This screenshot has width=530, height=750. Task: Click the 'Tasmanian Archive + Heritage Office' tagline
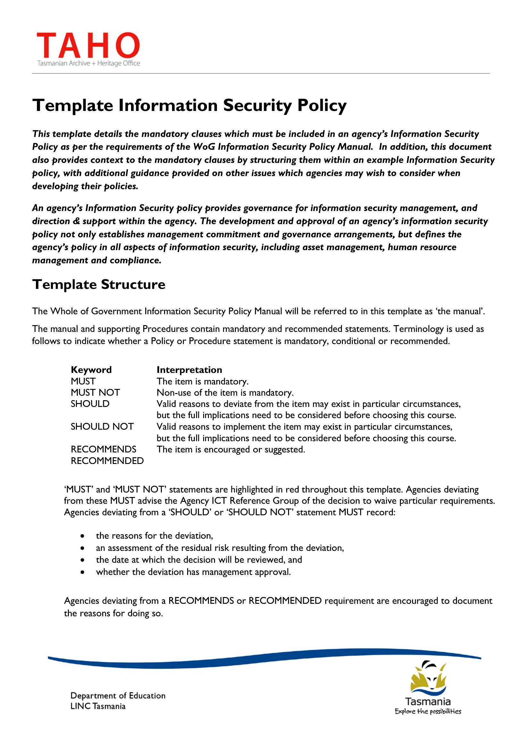(x=88, y=63)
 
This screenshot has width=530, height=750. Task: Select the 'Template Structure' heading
(x=99, y=284)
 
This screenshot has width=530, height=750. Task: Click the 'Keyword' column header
(x=91, y=370)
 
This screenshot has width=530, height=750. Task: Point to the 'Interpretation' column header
(x=189, y=370)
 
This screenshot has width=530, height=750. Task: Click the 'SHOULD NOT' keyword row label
(x=102, y=426)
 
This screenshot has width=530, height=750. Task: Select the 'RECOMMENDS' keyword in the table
(x=104, y=449)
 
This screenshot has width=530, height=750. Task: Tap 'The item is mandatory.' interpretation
(x=203, y=381)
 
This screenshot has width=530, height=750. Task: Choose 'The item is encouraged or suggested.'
(x=231, y=449)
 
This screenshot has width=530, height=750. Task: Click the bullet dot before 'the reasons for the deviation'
(x=83, y=536)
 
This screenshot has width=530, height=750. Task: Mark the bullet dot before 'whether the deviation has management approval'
(x=83, y=572)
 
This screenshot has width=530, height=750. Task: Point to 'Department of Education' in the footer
(x=118, y=695)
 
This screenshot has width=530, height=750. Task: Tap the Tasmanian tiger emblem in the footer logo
(x=428, y=678)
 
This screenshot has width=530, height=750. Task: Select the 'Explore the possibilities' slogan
(x=427, y=712)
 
